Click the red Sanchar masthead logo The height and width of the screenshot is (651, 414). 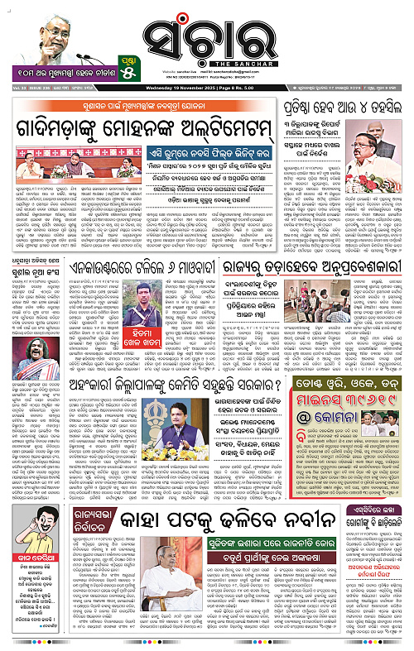click(x=204, y=31)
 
